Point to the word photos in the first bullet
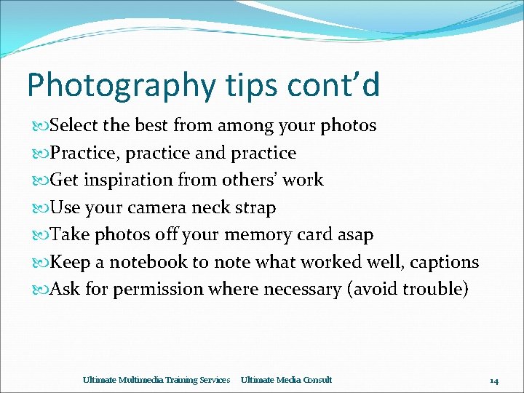(349, 126)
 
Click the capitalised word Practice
(77, 153)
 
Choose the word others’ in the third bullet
(244, 180)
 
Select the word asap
(356, 235)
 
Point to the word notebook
(150, 262)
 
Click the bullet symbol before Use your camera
(42, 208)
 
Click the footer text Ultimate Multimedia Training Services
(156, 380)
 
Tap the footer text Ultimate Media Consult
(286, 380)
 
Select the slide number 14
(493, 381)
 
